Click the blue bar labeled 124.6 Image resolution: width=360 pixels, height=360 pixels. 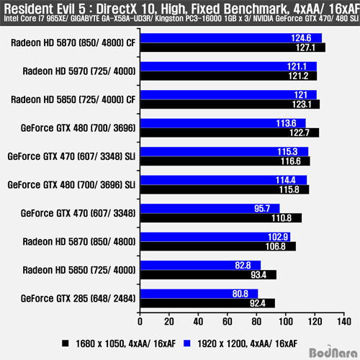[x=231, y=38]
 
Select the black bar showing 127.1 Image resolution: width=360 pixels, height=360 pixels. [x=233, y=48]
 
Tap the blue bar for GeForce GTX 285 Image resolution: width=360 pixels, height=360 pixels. [x=199, y=294]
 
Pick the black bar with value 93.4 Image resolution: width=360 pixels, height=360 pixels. [x=208, y=275]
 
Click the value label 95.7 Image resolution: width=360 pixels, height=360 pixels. [x=262, y=208]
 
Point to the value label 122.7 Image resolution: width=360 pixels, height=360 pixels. [x=300, y=132]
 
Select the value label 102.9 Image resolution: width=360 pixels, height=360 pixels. [x=278, y=237]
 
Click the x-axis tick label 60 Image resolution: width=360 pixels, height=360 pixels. [x=228, y=322]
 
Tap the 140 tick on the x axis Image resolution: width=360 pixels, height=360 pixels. [x=344, y=322]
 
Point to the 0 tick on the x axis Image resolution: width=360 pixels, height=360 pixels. [x=140, y=322]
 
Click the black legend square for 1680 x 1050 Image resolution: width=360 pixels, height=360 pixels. [x=66, y=343]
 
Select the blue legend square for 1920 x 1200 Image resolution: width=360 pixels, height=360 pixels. [x=186, y=343]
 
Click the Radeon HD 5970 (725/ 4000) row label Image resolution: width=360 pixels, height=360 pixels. [x=79, y=71]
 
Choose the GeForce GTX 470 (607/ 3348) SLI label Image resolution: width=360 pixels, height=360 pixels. [x=71, y=156]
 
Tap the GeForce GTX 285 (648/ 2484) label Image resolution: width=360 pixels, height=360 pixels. [x=78, y=299]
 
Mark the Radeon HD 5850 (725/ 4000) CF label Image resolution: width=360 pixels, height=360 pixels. [x=73, y=99]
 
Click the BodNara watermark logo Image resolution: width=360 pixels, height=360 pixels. [x=333, y=352]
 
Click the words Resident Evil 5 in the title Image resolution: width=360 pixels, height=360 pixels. [x=45, y=9]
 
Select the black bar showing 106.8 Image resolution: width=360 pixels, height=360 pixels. [x=218, y=246]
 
